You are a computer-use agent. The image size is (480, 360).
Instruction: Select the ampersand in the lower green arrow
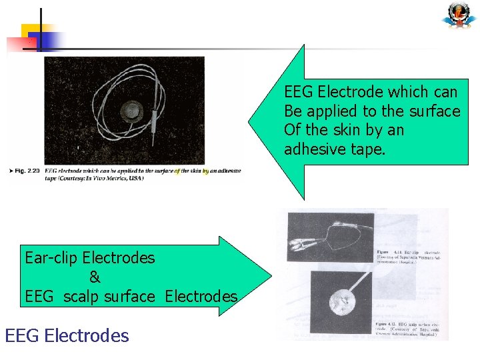point(94,277)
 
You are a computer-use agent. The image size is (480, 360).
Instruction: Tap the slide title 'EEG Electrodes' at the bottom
point(67,335)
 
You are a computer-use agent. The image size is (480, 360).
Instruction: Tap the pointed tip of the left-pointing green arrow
point(251,123)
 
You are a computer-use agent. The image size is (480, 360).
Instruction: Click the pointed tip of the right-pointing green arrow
point(271,276)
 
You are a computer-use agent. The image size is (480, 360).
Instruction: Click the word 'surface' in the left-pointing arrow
point(435,111)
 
